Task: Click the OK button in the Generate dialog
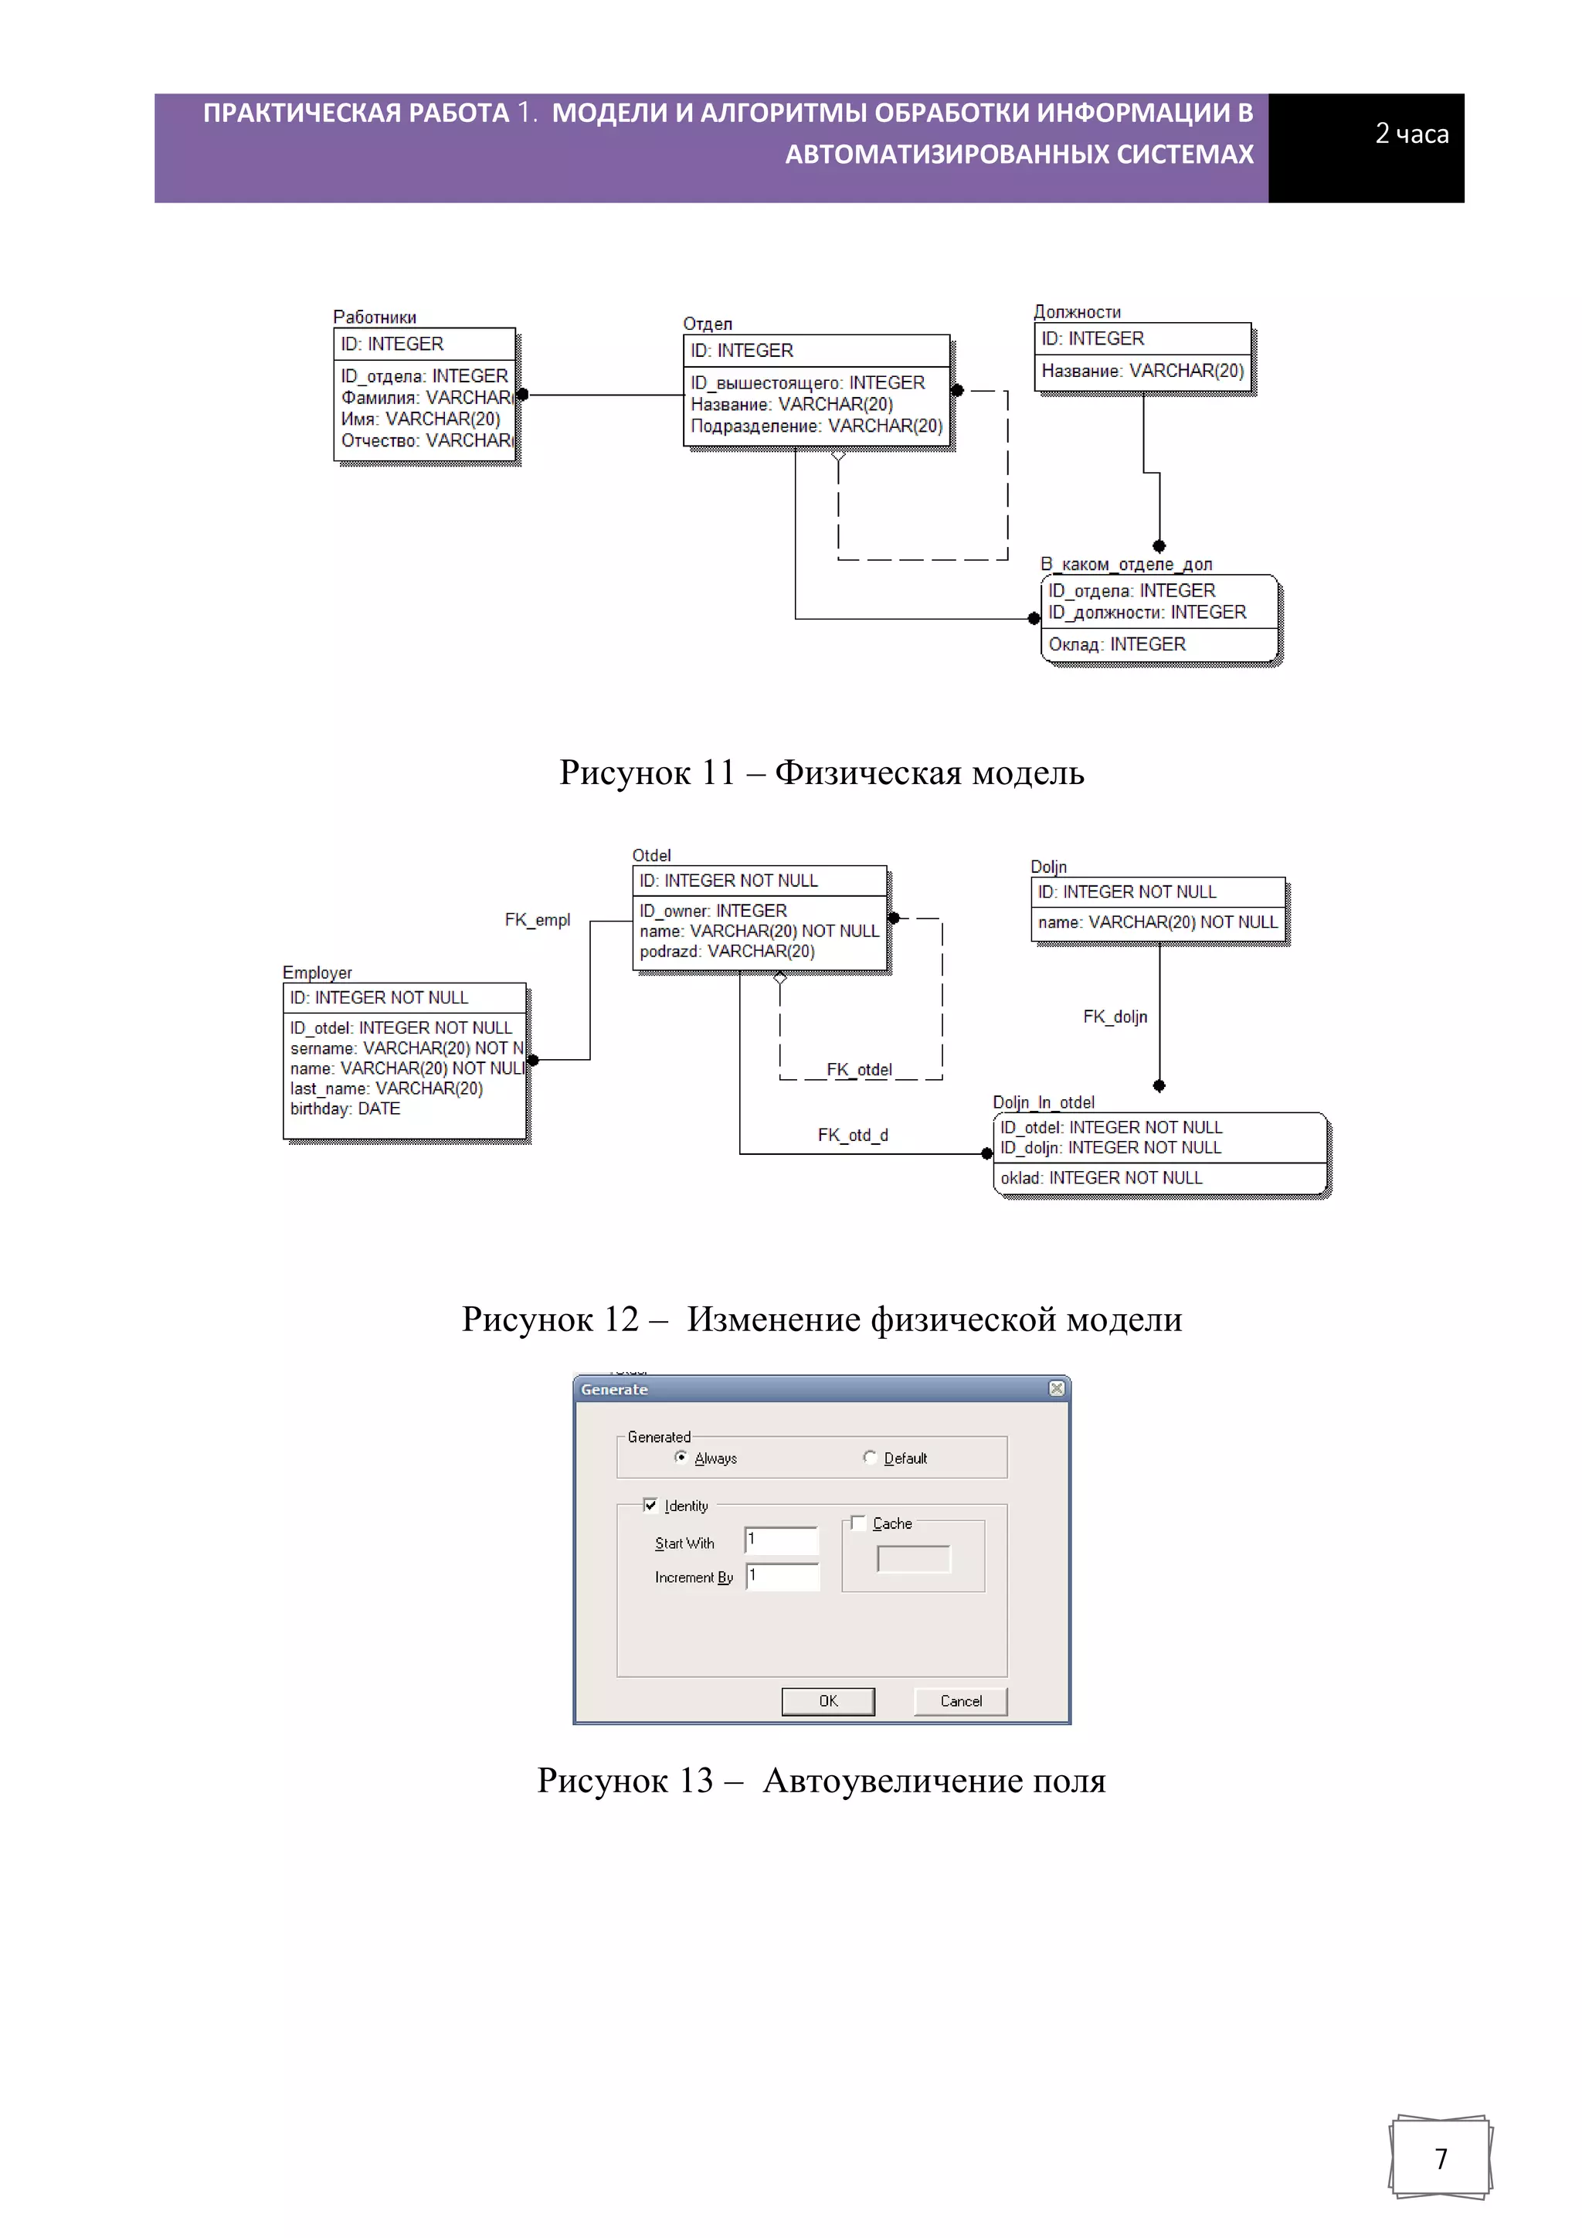click(x=827, y=1701)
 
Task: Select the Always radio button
click(x=681, y=1457)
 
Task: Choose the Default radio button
click(x=870, y=1457)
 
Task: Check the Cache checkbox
click(x=857, y=1523)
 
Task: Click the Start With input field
click(x=782, y=1540)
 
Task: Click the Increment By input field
click(x=783, y=1576)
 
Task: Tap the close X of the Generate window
click(x=1057, y=1388)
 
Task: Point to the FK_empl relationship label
click(x=537, y=919)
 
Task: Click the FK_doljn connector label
click(x=1115, y=1017)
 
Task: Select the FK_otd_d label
click(x=853, y=1135)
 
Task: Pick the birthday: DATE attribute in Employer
click(x=345, y=1109)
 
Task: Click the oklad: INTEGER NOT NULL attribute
click(x=1102, y=1177)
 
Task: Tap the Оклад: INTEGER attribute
click(x=1117, y=644)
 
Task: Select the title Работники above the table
click(x=375, y=317)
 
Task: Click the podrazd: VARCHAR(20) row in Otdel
click(x=727, y=951)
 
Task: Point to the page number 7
click(x=1441, y=2158)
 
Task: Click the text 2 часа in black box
click(x=1411, y=134)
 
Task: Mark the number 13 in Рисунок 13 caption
click(x=696, y=1781)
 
